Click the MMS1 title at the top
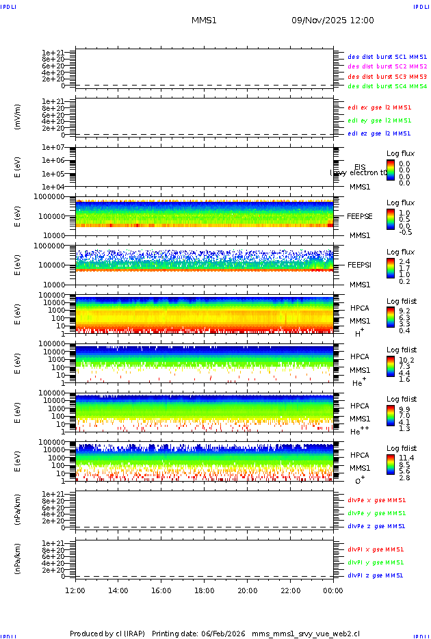pyautogui.click(x=204, y=21)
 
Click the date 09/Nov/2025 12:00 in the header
pyautogui.click(x=332, y=21)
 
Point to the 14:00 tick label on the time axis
pyautogui.click(x=118, y=590)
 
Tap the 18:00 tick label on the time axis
pyautogui.click(x=204, y=590)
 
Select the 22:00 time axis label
pyautogui.click(x=290, y=590)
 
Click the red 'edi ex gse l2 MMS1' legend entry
pyautogui.click(x=380, y=107)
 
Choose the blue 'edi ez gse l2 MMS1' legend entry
pyautogui.click(x=380, y=133)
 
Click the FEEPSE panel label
pyautogui.click(x=360, y=216)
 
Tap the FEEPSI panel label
pyautogui.click(x=360, y=265)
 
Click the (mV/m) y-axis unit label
pyautogui.click(x=18, y=117)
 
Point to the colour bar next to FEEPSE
pyautogui.click(x=390, y=219)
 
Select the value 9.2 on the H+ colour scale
pyautogui.click(x=404, y=311)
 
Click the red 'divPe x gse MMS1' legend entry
pyautogui.click(x=376, y=499)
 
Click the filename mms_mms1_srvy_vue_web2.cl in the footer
pyautogui.click(x=306, y=634)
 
